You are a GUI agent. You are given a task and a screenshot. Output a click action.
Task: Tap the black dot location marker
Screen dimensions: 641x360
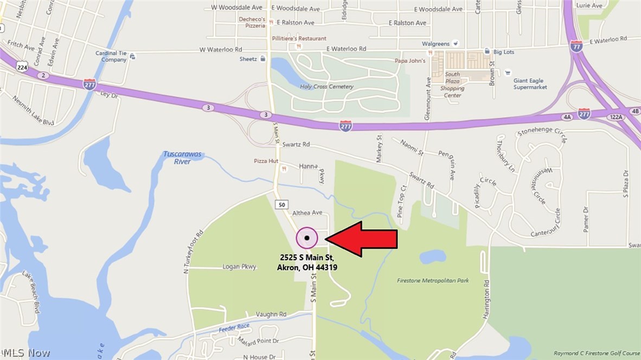[307, 237]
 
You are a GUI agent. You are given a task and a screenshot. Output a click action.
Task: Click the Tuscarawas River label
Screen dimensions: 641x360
[182, 158]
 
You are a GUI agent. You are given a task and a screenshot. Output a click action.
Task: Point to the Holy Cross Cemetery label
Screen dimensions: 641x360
[326, 87]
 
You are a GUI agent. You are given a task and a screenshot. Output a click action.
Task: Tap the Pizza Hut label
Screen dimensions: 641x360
[266, 162]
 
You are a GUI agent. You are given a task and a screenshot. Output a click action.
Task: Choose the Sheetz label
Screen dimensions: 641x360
[248, 59]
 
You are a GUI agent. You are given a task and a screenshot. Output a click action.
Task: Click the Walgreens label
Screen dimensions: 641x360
[436, 44]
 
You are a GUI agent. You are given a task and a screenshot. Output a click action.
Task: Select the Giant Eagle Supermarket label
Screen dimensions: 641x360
[530, 84]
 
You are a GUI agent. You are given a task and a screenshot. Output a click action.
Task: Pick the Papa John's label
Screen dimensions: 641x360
[409, 61]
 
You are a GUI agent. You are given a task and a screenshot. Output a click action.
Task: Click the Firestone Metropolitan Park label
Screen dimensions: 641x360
[433, 281]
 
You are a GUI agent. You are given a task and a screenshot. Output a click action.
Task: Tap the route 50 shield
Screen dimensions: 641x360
[281, 204]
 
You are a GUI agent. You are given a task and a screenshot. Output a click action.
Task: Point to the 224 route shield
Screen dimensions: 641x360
[22, 67]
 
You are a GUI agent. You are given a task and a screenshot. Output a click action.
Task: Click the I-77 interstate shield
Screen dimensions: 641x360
[576, 47]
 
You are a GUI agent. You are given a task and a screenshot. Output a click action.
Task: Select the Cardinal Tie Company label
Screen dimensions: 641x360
[111, 56]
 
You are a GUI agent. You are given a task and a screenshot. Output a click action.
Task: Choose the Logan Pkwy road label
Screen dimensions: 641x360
[239, 267]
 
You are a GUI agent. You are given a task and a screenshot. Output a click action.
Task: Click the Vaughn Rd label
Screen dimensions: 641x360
[271, 314]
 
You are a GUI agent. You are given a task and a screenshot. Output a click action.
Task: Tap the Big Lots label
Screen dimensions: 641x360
[503, 52]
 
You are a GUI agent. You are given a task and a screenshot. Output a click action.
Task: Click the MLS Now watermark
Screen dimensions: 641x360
[25, 353]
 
